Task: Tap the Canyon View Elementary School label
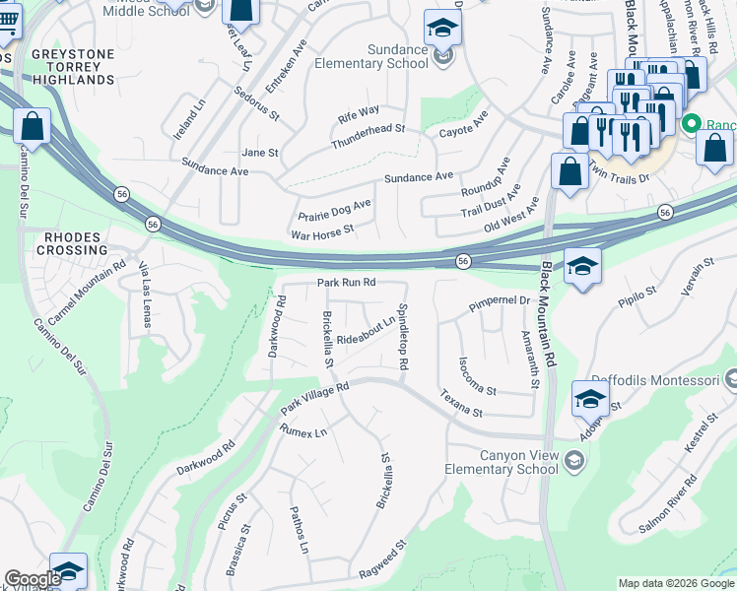517,462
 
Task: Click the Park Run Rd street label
347,283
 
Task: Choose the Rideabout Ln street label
366,330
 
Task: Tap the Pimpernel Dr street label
500,302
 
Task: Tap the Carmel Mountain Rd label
87,294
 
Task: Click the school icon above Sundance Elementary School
442,28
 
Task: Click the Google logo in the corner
33,580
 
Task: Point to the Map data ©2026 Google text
676,583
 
